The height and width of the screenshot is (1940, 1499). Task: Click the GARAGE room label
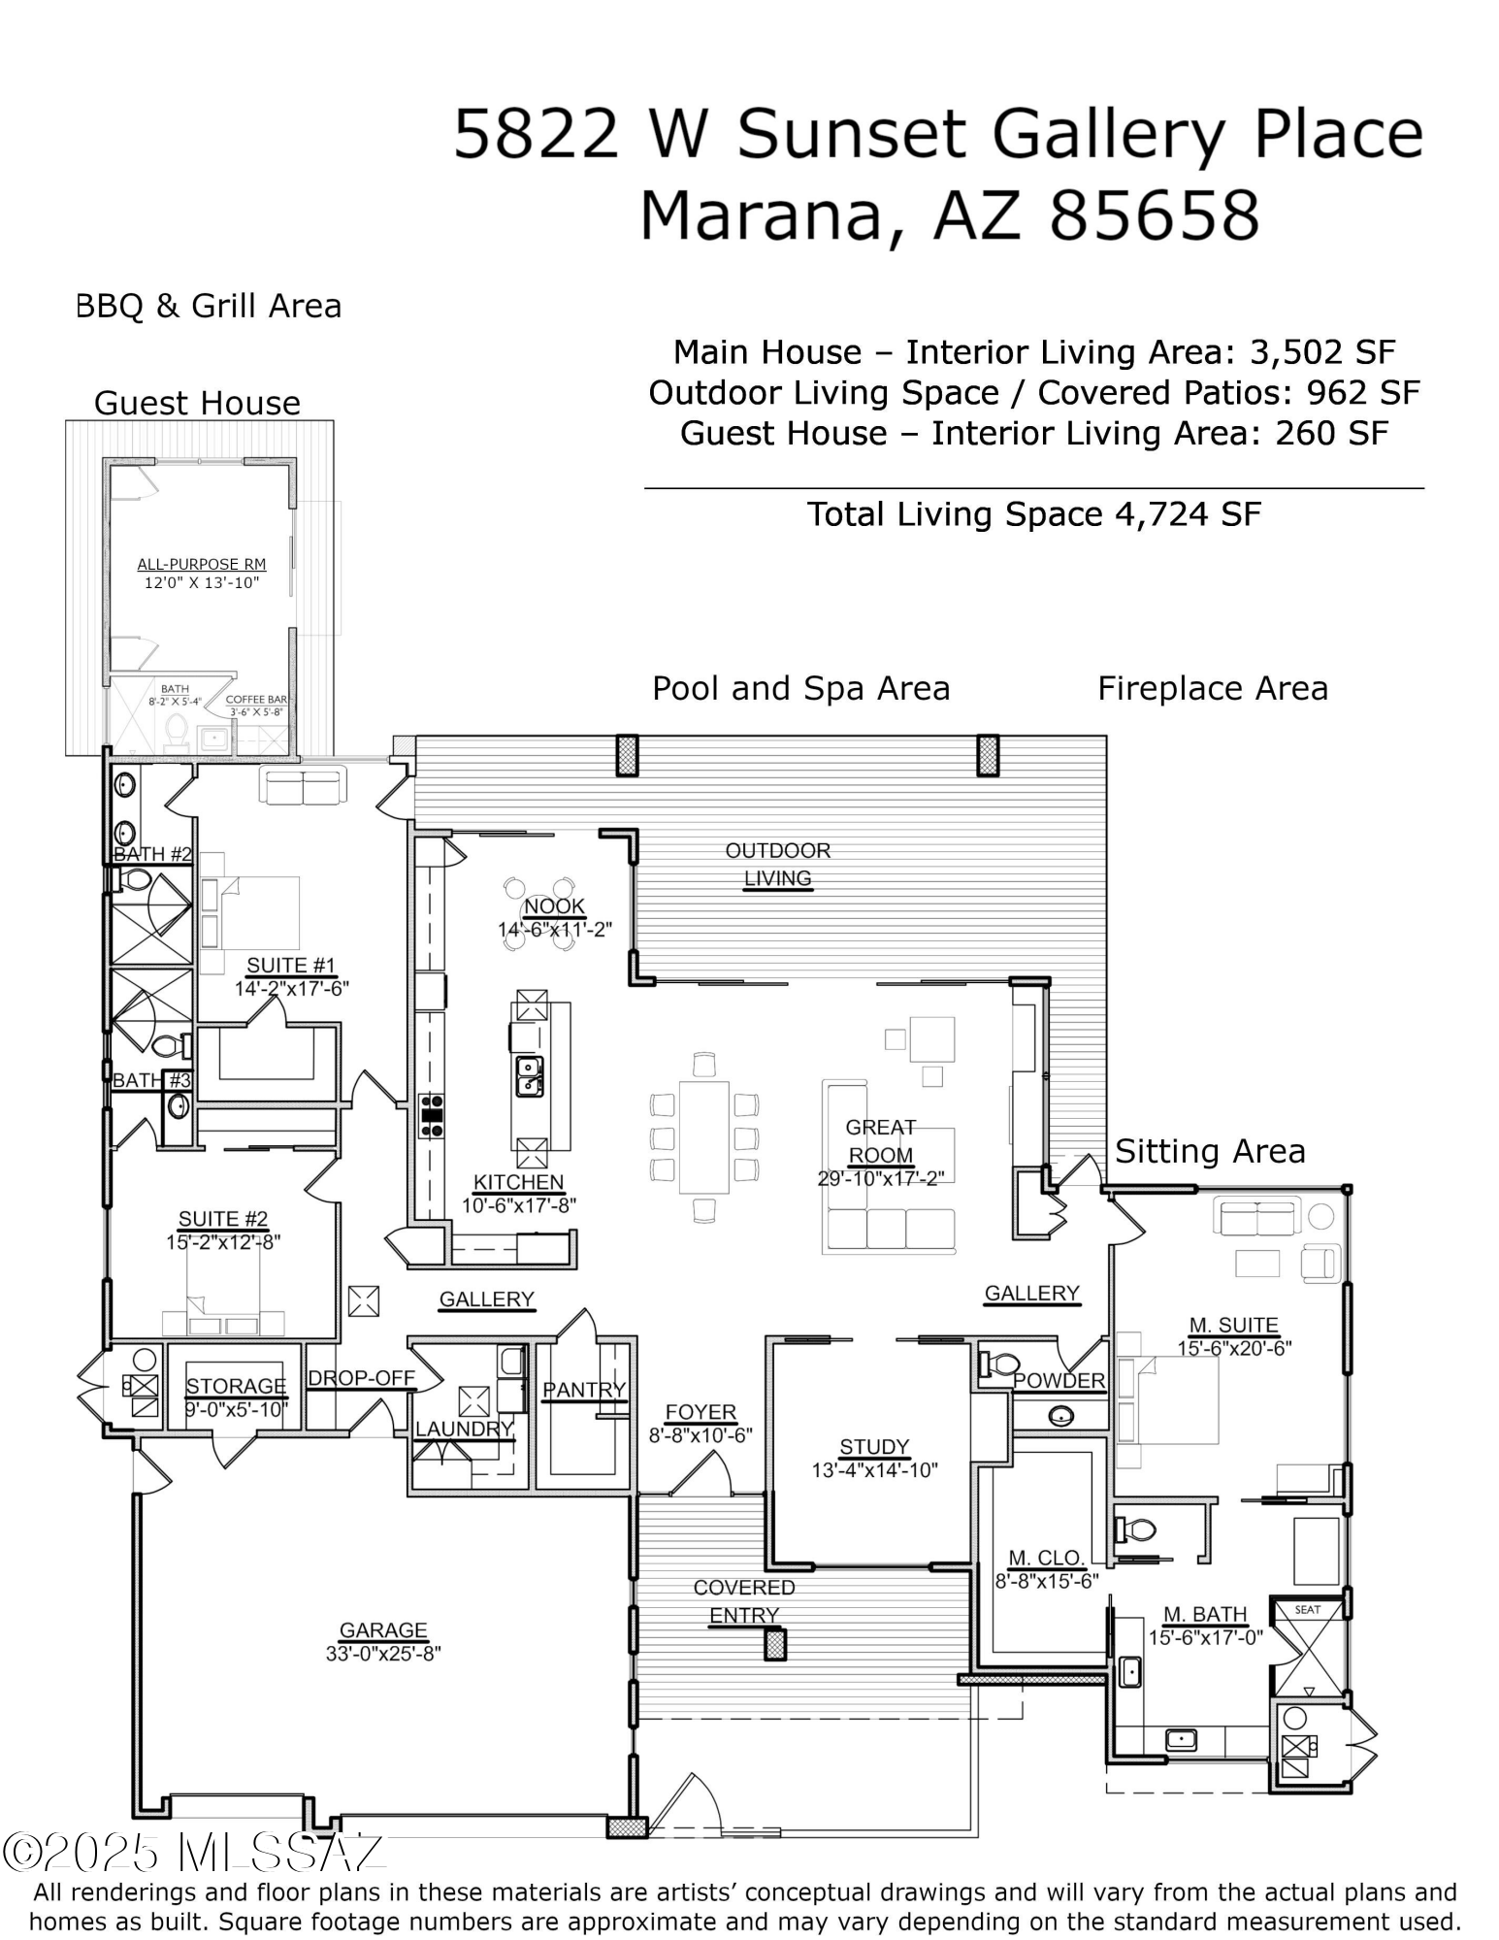click(383, 1630)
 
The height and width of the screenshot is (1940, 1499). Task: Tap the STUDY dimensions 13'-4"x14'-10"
click(874, 1470)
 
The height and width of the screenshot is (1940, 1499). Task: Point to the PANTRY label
click(584, 1390)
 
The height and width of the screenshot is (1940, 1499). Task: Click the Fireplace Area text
click(1212, 688)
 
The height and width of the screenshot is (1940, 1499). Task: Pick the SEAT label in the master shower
click(1307, 1610)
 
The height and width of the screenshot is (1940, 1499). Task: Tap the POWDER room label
click(1059, 1380)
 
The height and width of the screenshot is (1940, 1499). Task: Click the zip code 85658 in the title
click(1154, 215)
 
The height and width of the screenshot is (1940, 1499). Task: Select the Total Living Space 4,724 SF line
click(1033, 514)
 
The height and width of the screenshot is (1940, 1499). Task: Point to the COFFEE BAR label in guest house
click(256, 700)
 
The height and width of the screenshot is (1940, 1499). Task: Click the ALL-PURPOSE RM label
click(202, 564)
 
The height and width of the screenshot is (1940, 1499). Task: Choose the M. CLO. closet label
click(1045, 1558)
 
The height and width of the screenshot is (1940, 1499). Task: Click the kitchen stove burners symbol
click(431, 1116)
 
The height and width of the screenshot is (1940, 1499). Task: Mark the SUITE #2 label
click(223, 1219)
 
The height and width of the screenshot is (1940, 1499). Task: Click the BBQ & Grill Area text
click(209, 306)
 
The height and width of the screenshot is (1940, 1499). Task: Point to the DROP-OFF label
click(361, 1378)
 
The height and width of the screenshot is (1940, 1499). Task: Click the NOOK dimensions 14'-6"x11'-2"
click(555, 930)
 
